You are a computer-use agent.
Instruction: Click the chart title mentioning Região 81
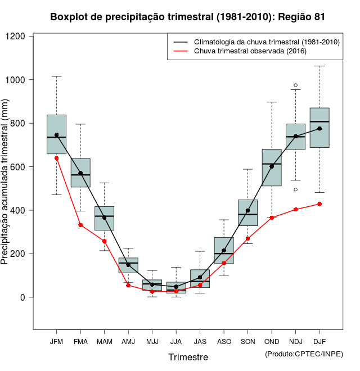[187, 17]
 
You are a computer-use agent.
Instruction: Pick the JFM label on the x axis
[56, 342]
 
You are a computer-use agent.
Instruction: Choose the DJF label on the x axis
[319, 342]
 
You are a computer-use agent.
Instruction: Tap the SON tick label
[247, 342]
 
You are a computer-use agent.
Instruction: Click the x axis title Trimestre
[188, 357]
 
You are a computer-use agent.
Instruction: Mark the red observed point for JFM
[56, 158]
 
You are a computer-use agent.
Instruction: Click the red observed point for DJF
[319, 204]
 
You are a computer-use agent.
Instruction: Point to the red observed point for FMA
[80, 225]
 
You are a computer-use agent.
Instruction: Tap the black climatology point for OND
[272, 166]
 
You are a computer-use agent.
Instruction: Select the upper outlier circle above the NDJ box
[296, 85]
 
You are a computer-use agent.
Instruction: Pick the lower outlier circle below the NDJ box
[296, 189]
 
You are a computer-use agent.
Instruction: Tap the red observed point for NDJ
[296, 210]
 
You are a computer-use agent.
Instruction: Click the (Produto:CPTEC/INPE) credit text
[304, 354]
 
